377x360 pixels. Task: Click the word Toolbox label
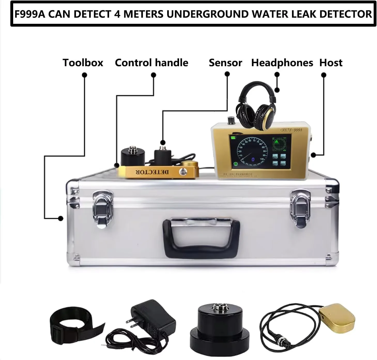[83, 63]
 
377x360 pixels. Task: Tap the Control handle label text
[151, 63]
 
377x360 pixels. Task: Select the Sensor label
[225, 63]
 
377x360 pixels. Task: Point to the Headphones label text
[282, 63]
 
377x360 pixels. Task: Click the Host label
[331, 63]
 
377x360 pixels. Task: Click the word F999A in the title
[30, 14]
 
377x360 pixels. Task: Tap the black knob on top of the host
[230, 120]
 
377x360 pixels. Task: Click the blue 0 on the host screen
[253, 160]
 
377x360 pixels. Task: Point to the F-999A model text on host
[295, 130]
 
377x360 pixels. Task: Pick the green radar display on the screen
[280, 144]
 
